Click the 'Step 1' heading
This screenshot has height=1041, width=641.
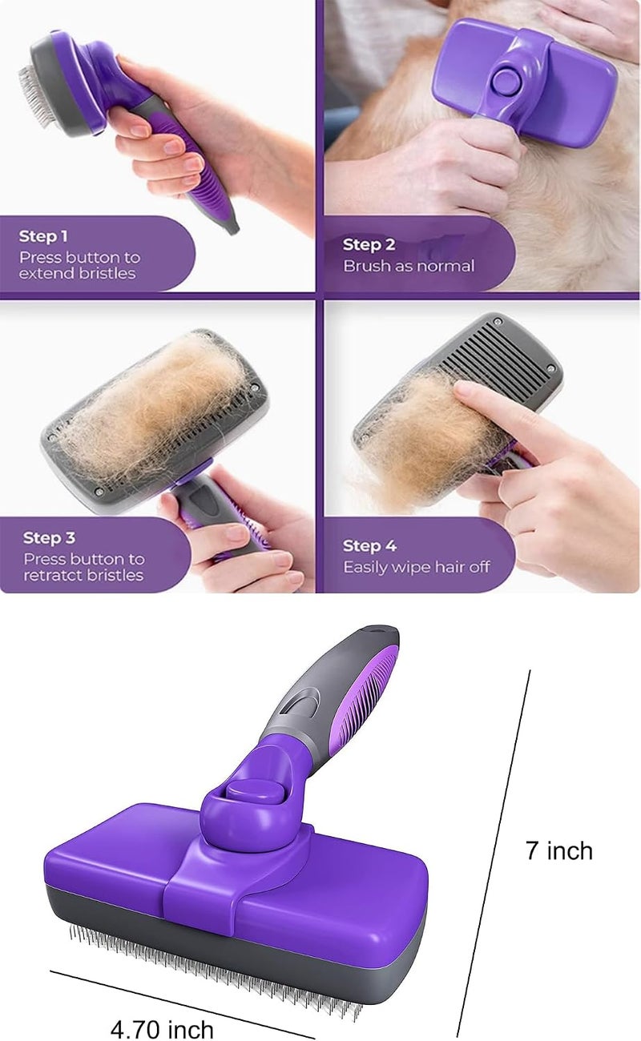[43, 236]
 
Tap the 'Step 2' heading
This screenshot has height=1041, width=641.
[369, 244]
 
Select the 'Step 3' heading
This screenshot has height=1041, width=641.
[49, 537]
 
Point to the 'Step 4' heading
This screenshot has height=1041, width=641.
[369, 545]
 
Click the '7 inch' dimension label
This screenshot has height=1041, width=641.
[559, 850]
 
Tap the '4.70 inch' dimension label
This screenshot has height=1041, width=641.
[162, 1028]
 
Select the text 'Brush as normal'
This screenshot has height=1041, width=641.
[409, 266]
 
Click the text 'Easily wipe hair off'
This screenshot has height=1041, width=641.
[417, 567]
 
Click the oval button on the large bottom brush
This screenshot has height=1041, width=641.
[254, 794]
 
